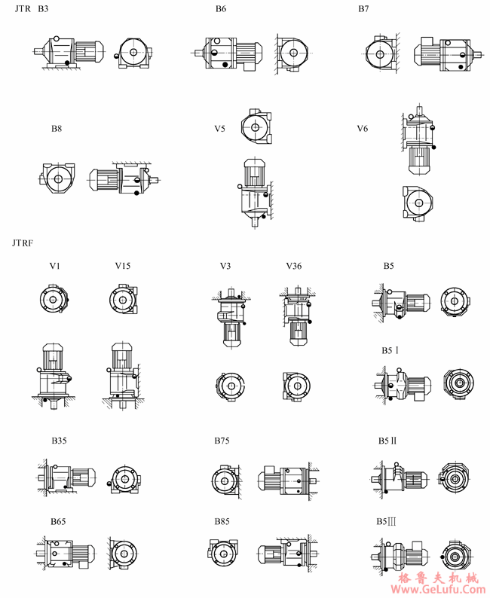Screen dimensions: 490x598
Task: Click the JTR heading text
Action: tap(23, 9)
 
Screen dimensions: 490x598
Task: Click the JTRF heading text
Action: tap(23, 243)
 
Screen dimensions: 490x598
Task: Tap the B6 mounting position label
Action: tap(221, 9)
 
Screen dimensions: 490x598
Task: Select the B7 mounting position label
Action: tap(363, 9)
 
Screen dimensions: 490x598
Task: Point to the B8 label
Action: tap(57, 129)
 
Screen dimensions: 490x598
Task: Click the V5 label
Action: tap(219, 129)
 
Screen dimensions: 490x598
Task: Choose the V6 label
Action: tap(362, 129)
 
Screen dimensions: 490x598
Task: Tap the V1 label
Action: tap(54, 266)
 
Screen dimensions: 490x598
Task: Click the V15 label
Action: tap(122, 266)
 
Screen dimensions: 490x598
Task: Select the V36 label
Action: tap(293, 266)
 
